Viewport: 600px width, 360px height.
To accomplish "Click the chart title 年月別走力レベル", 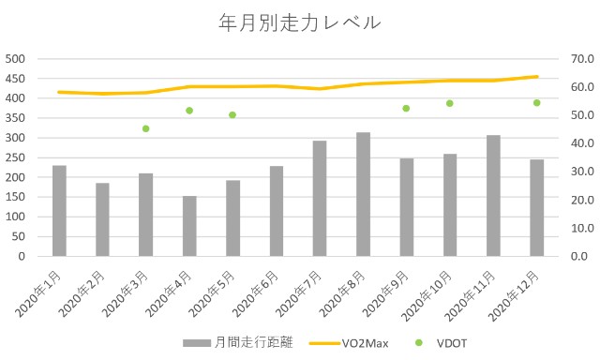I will click(300, 21).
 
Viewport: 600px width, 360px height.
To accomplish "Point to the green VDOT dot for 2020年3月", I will click(146, 128).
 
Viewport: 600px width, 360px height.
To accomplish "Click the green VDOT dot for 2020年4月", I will click(189, 111).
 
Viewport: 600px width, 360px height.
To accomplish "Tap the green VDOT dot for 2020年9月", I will click(406, 109).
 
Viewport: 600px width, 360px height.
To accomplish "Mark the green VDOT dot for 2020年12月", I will click(536, 103).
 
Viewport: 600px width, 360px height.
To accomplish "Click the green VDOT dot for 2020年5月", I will click(232, 115).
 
